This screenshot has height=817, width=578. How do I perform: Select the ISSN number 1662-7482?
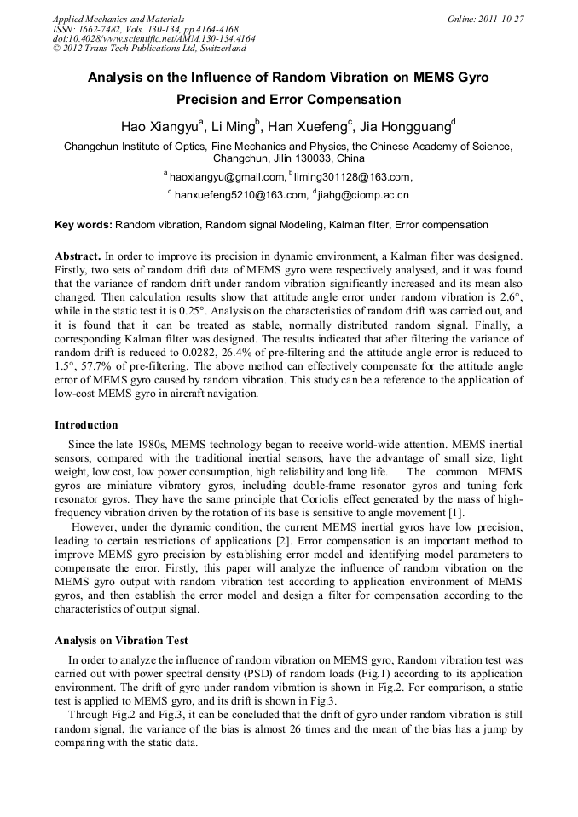(x=99, y=29)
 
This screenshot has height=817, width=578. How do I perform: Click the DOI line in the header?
(x=153, y=39)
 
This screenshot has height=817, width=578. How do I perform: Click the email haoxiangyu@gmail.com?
(x=226, y=177)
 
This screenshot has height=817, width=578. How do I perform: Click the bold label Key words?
(x=83, y=225)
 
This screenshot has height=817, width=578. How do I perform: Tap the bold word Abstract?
(x=78, y=256)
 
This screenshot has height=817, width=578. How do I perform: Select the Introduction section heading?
(x=86, y=424)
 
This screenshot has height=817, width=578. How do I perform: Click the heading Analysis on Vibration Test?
(x=121, y=640)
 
